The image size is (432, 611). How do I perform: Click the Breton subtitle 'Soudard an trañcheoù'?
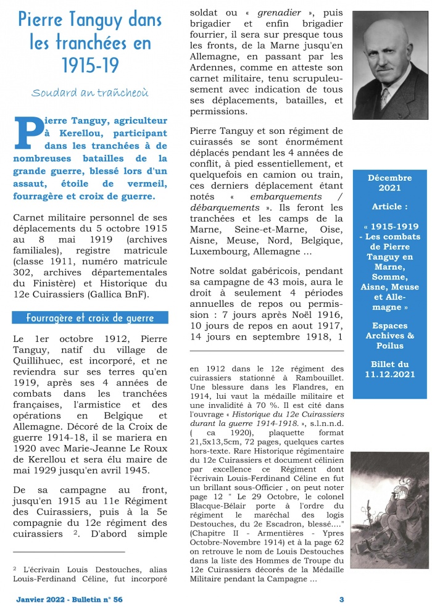90,93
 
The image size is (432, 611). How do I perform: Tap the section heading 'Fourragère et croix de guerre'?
90,318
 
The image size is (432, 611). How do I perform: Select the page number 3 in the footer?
341,599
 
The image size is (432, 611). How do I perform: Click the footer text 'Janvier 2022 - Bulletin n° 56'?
69,599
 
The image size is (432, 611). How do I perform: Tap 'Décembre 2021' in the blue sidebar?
389,183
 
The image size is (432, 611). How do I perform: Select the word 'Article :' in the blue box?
389,206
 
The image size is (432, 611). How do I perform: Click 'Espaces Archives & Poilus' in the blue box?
389,336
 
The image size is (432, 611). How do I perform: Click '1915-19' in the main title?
90,64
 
